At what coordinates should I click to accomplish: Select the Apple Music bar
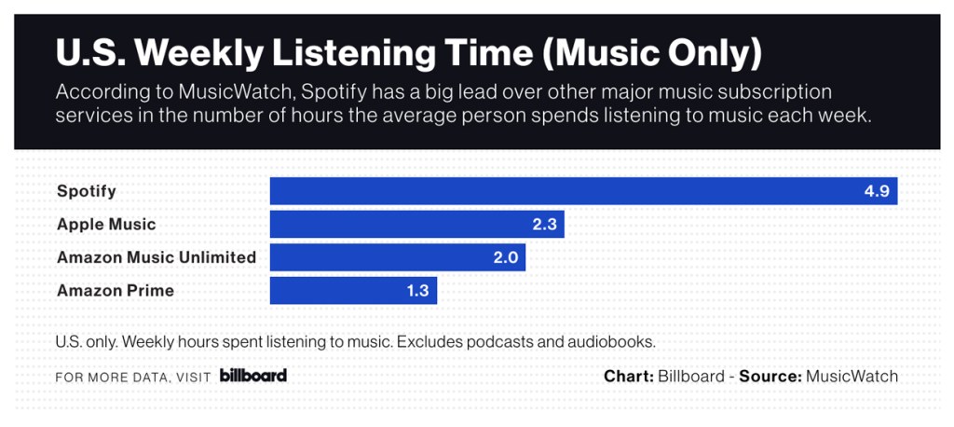point(416,225)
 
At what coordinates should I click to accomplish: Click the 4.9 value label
point(878,192)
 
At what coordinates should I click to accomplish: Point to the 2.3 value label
point(544,225)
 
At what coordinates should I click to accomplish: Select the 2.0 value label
point(506,257)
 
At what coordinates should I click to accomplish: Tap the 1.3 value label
point(417,291)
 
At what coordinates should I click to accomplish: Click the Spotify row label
point(87,191)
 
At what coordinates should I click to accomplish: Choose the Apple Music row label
point(106,225)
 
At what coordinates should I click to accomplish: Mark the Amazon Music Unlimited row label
point(157,257)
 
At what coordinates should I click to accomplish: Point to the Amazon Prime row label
point(116,291)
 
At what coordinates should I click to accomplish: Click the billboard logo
point(253,376)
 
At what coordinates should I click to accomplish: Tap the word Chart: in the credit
point(629,377)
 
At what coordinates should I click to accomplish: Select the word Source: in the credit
point(770,377)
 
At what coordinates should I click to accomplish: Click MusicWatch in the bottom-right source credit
point(852,377)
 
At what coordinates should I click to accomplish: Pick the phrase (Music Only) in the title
point(653,53)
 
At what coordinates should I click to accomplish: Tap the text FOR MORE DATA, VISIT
point(132,378)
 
